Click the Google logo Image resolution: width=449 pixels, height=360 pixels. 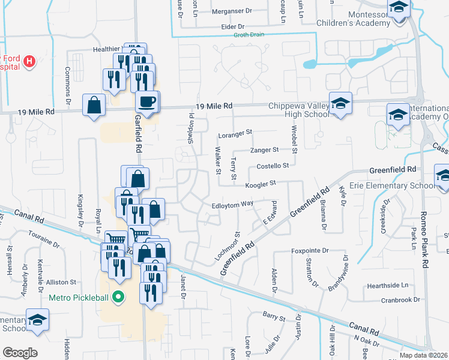pyautogui.click(x=20, y=353)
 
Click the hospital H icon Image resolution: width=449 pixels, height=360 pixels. pyautogui.click(x=29, y=61)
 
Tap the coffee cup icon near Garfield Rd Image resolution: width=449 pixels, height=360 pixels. pyautogui.click(x=147, y=101)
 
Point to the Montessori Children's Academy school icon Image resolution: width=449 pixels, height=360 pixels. pyautogui.click(x=397, y=10)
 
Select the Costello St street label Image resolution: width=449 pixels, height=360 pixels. pyautogui.click(x=273, y=166)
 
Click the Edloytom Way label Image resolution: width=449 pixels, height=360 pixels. pyautogui.click(x=232, y=204)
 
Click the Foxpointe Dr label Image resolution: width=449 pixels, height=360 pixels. pyautogui.click(x=310, y=250)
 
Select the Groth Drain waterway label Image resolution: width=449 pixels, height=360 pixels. pyautogui.click(x=249, y=35)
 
